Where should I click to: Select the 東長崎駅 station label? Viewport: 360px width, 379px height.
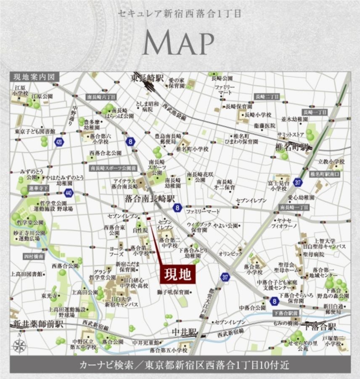[147, 78]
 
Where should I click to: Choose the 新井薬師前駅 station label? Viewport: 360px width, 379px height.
[38, 324]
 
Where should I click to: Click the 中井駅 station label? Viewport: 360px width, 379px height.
[184, 332]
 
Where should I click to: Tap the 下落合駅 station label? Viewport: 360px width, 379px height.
[320, 327]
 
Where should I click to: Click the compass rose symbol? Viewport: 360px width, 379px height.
[19, 346]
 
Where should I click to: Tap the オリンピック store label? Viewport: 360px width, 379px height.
[230, 254]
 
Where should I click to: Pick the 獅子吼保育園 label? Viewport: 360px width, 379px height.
[173, 292]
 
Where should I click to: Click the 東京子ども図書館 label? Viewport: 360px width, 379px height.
[34, 131]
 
